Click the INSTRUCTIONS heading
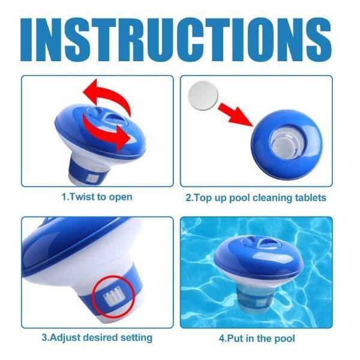pyautogui.click(x=179, y=37)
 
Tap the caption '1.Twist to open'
pyautogui.click(x=97, y=197)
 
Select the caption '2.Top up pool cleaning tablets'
pyautogui.click(x=256, y=197)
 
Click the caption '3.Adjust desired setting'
pyautogui.click(x=97, y=338)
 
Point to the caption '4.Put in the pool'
pyautogui.click(x=257, y=338)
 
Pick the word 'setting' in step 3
pyautogui.click(x=137, y=338)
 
